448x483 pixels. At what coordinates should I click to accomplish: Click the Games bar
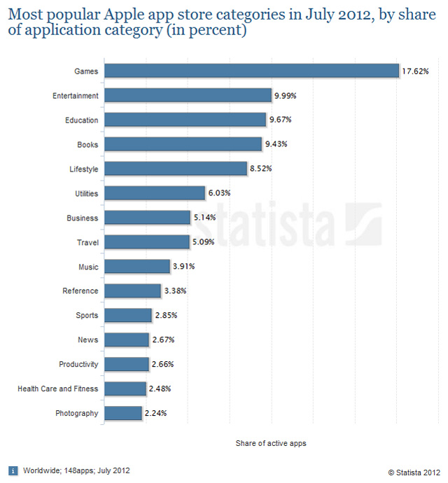251,71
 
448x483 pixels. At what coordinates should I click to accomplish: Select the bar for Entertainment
188,95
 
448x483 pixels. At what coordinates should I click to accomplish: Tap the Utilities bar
155,192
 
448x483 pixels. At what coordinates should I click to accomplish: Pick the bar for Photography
123,413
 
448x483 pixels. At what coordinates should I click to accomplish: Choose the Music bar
137,267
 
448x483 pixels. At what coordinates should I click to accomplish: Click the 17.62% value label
415,71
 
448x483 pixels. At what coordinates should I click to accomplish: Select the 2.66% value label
163,365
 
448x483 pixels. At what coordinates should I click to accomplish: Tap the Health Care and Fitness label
58,388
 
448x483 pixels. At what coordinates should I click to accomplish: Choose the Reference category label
80,291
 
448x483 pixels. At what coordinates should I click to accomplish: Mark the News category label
88,340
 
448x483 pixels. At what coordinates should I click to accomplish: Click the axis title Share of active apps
271,443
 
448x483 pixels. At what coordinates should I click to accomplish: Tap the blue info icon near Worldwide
13,470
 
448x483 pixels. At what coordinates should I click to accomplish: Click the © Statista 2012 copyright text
414,471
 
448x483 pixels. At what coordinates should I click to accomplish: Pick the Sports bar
128,316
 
